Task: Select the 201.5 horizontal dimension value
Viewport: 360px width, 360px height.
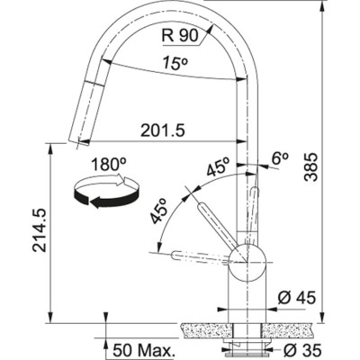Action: tap(163, 131)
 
